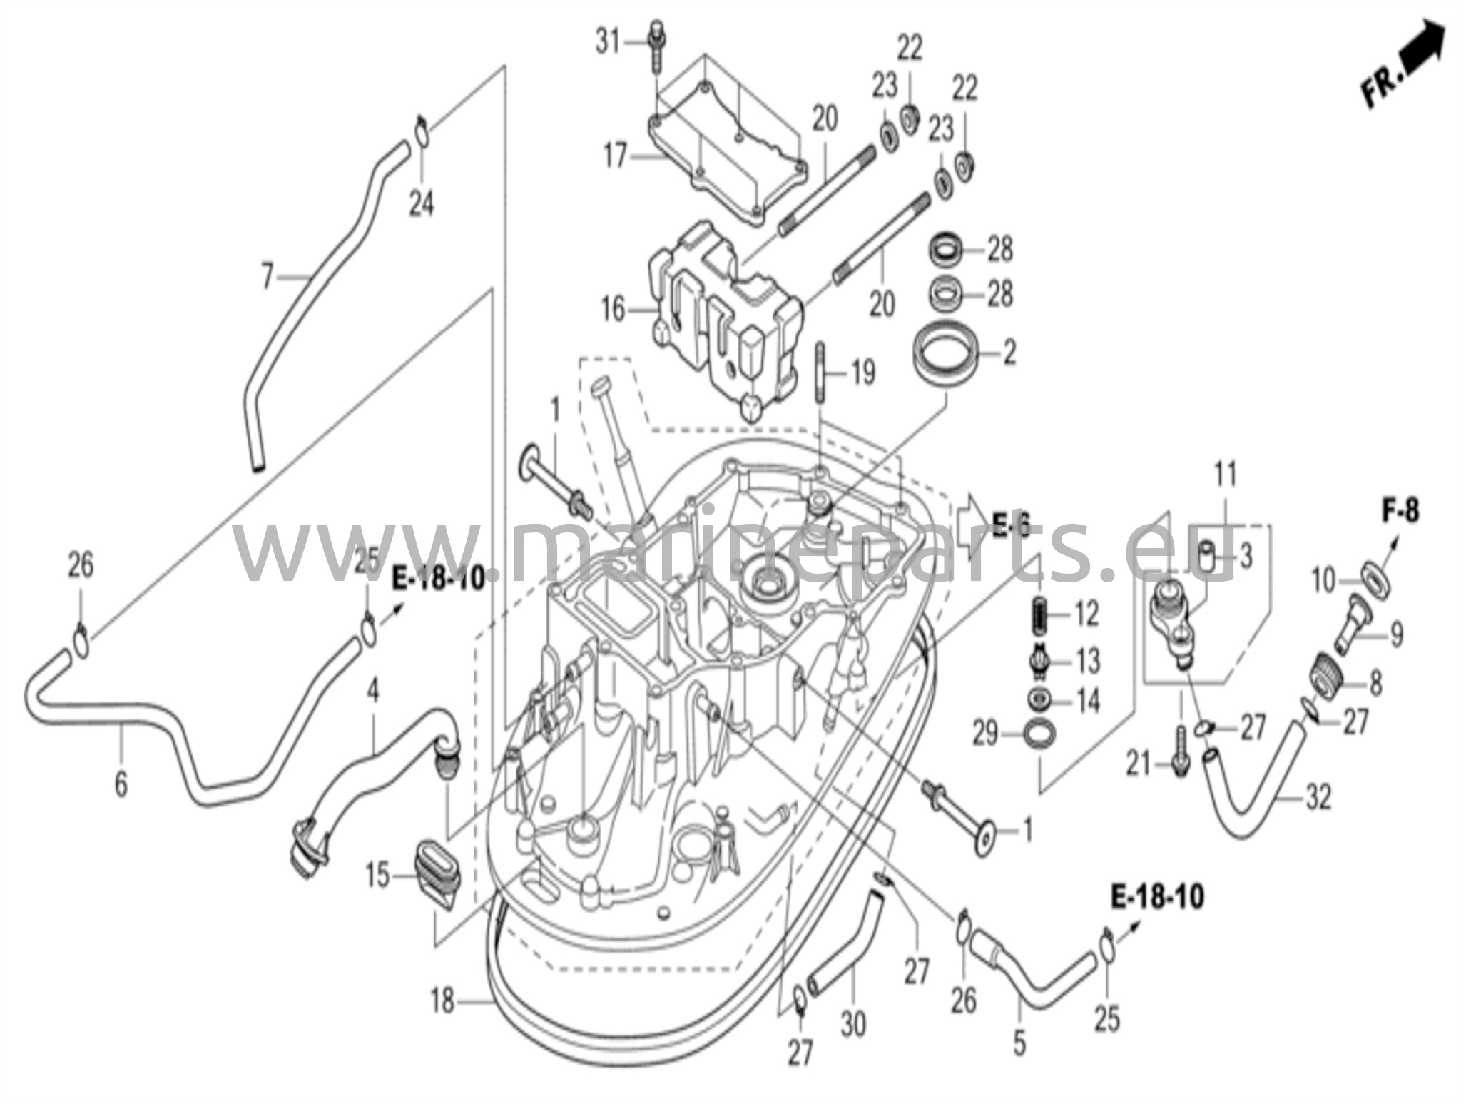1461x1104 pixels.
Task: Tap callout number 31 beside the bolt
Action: [608, 43]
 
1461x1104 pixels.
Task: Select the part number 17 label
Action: [615, 156]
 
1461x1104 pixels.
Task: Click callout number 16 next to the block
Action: [613, 310]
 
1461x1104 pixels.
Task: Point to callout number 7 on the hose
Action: [268, 276]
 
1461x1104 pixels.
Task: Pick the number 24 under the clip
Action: [421, 205]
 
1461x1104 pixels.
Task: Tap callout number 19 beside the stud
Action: [863, 372]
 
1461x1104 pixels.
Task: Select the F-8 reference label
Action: [1400, 511]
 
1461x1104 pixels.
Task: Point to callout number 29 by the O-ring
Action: [985, 734]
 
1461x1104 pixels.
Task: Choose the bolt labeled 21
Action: [1181, 761]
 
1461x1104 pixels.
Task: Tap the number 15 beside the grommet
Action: [377, 875]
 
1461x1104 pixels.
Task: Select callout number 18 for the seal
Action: [442, 1001]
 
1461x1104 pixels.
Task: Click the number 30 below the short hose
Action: [853, 1024]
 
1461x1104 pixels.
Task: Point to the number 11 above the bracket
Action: [1225, 475]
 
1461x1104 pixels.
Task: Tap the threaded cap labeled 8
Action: [1325, 675]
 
